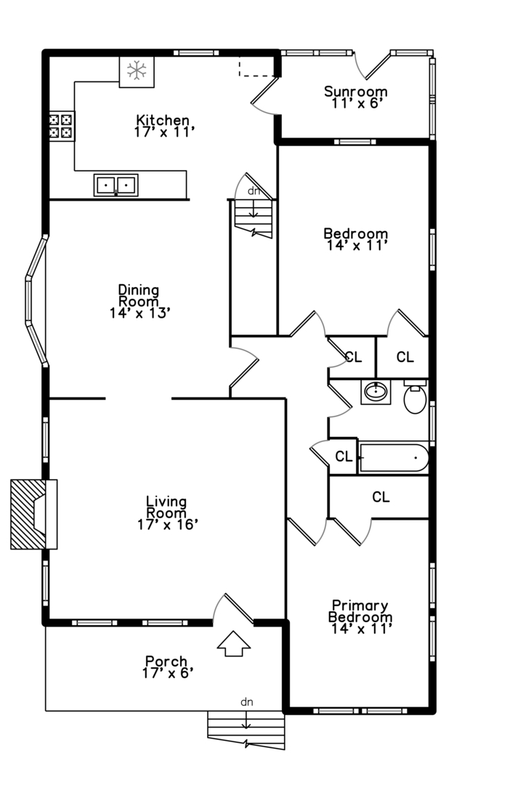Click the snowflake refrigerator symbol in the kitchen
[137, 71]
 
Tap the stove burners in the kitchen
[61, 126]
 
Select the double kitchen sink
[115, 185]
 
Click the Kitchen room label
[163, 120]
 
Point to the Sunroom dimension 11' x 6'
[355, 103]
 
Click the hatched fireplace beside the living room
[33, 514]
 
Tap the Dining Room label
[138, 296]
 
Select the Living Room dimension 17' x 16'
[167, 524]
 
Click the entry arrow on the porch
[234, 643]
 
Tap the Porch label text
[166, 661]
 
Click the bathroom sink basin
[375, 393]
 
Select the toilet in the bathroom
[415, 398]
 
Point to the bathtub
[393, 458]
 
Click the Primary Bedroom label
[360, 611]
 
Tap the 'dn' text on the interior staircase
[254, 191]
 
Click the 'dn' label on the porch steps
[247, 701]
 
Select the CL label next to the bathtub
[344, 457]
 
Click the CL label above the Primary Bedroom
[381, 497]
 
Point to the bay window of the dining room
[35, 299]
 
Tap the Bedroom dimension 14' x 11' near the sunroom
[356, 246]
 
